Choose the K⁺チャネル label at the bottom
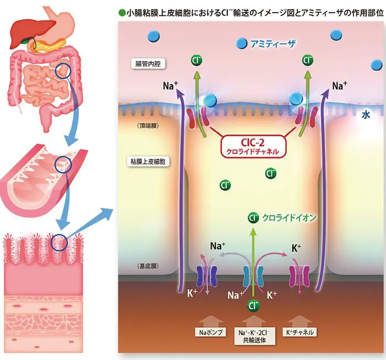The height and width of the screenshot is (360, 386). (x=301, y=333)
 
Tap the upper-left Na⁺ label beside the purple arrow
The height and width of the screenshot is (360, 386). (x=170, y=86)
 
